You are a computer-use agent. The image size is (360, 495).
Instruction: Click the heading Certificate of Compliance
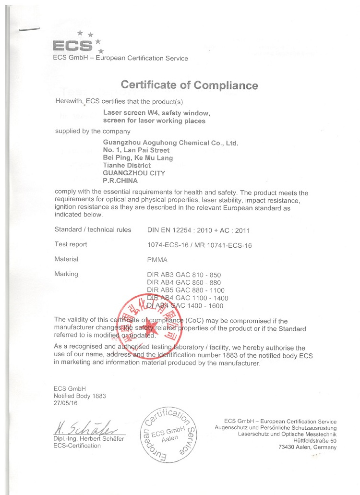click(189, 85)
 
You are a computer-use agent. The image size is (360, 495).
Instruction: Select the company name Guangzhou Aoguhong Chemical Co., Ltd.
click(170, 143)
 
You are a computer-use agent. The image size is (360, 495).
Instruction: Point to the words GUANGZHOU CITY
click(134, 173)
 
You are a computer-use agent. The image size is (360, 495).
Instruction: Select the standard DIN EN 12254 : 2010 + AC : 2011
click(198, 230)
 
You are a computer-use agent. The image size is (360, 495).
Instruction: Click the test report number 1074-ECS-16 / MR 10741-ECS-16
click(199, 245)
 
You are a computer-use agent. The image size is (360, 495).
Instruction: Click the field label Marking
click(67, 274)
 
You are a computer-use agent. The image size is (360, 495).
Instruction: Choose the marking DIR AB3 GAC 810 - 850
click(183, 275)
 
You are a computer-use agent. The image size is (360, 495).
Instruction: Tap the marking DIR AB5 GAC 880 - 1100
click(185, 290)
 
